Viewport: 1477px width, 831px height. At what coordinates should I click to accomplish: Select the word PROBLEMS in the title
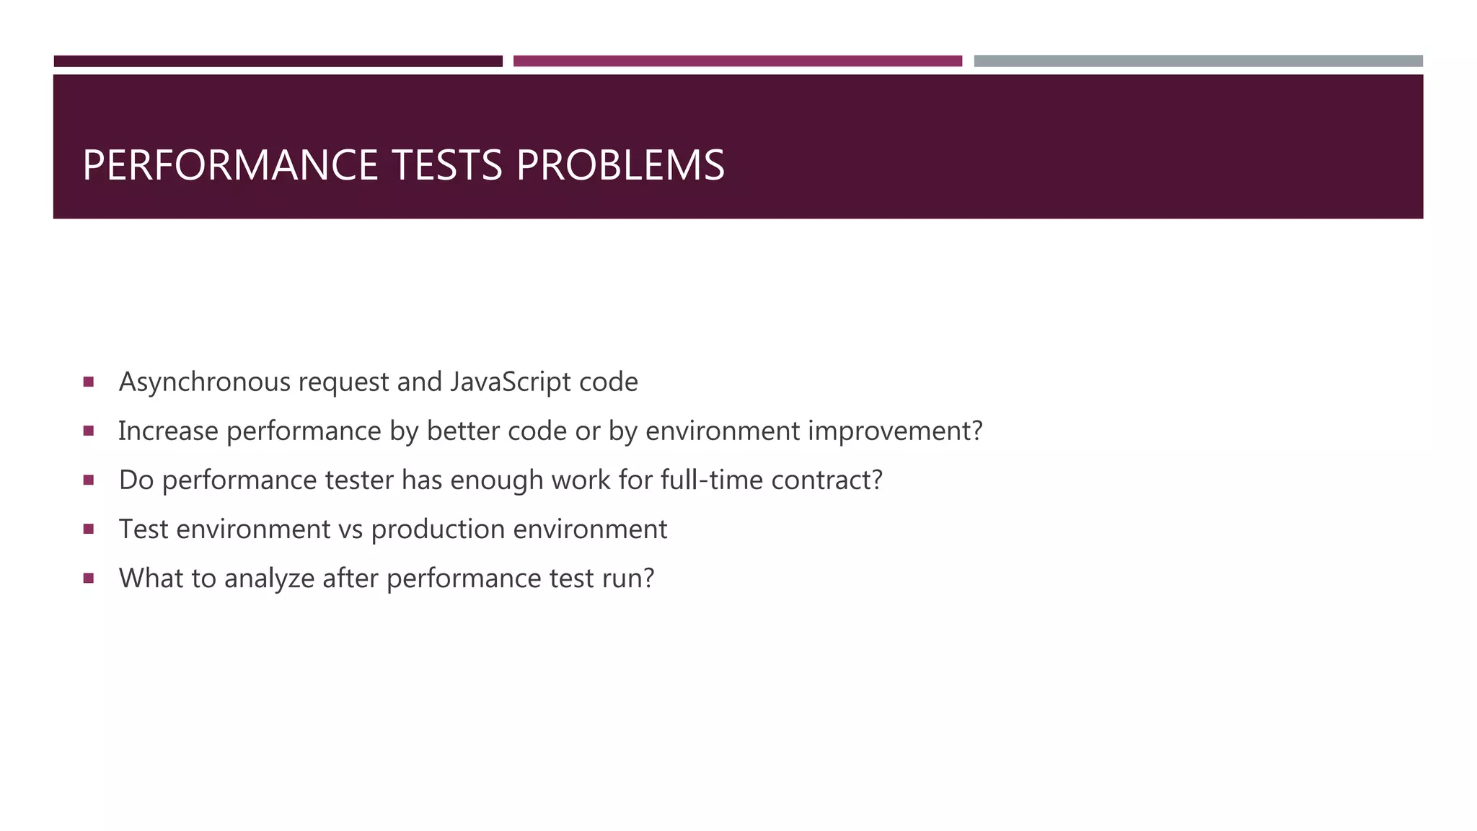point(620,165)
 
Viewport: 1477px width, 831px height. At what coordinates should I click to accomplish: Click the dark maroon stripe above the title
point(278,61)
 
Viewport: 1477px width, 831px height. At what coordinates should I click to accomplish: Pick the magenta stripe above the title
point(737,61)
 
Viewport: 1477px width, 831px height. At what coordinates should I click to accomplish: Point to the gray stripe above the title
point(1198,61)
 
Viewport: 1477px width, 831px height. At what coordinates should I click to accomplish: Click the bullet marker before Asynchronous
point(89,382)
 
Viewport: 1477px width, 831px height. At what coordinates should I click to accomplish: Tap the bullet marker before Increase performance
point(89,431)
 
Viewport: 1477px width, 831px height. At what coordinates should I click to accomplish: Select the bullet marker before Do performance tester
point(89,480)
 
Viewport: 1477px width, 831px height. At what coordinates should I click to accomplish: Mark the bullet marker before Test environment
point(89,529)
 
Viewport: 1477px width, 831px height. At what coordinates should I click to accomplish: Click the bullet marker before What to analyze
point(89,578)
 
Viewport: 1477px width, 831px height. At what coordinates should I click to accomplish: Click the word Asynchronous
point(204,382)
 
